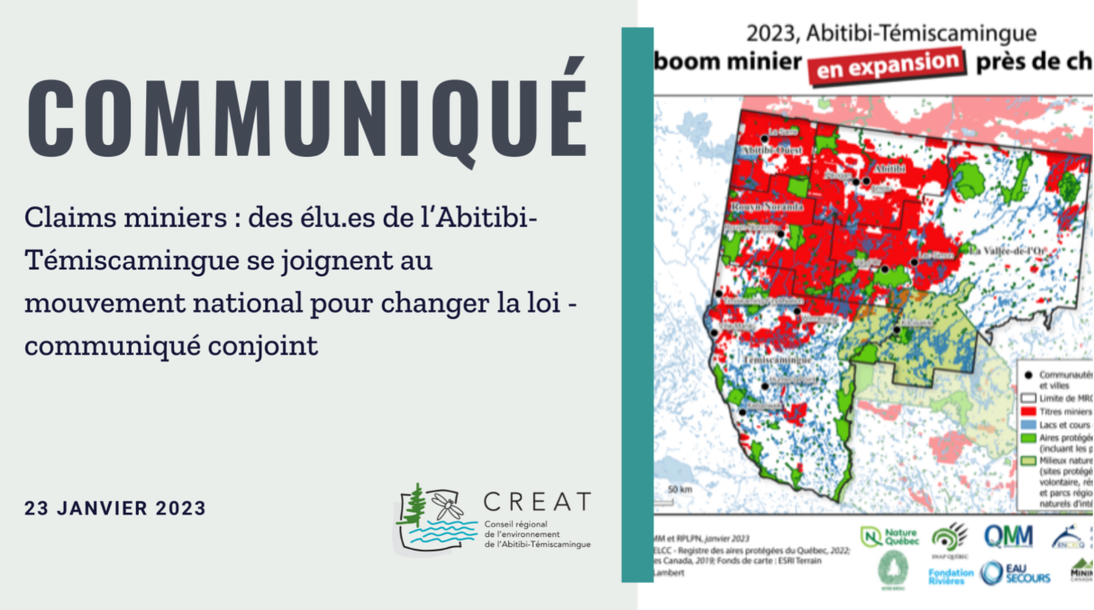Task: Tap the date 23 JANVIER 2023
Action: (115, 508)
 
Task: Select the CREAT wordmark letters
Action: (537, 502)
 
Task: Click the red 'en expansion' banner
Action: (883, 66)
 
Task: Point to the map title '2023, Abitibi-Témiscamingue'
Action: (890, 34)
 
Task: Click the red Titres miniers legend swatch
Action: (1028, 410)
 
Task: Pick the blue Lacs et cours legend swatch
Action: (1028, 423)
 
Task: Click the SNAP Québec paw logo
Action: (949, 537)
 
